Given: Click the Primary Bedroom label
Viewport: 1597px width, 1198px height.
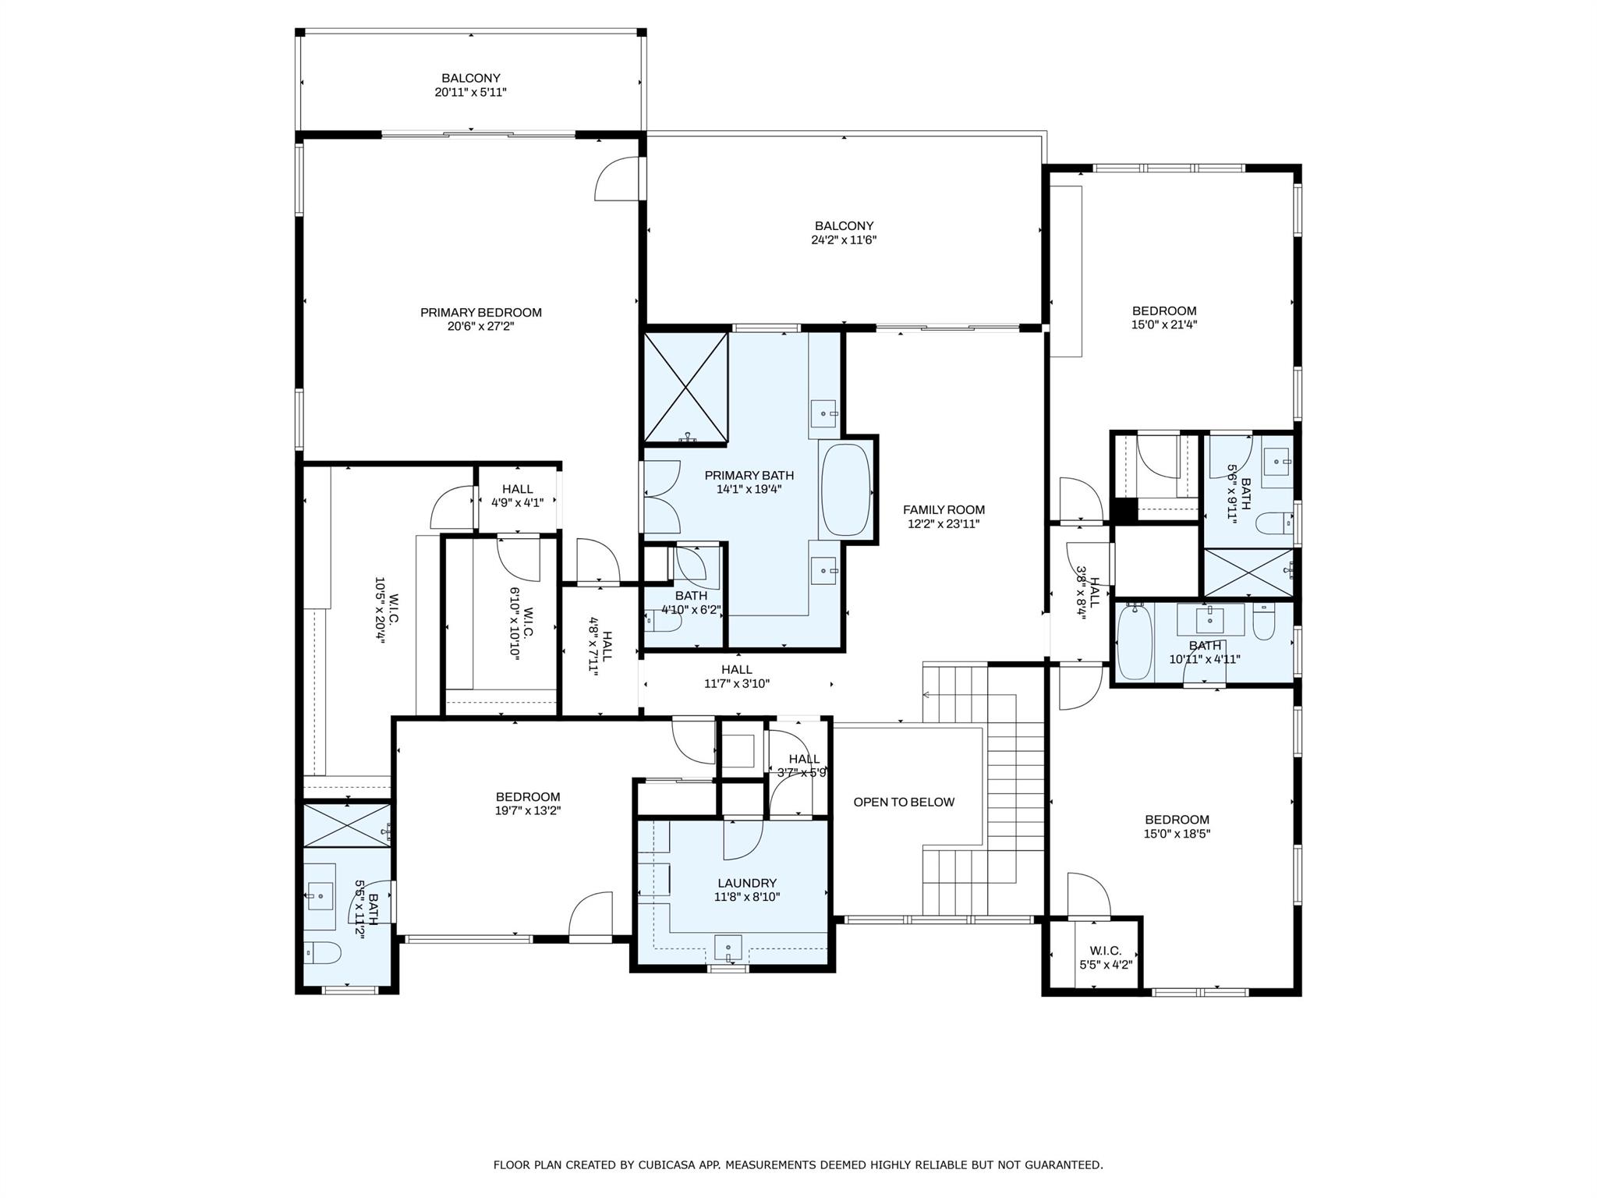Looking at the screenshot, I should (480, 313).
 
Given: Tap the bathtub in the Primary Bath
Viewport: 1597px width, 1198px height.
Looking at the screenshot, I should (845, 490).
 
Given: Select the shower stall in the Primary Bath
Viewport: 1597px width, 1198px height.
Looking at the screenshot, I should (685, 388).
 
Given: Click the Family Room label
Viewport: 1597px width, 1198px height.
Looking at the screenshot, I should (944, 510).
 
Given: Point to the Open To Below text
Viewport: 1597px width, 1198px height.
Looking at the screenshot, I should (904, 802).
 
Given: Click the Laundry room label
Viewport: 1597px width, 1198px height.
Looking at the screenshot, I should (747, 883).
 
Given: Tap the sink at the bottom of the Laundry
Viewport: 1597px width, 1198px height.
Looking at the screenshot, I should (728, 948).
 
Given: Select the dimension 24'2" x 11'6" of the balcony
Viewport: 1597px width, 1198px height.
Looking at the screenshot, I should (844, 240).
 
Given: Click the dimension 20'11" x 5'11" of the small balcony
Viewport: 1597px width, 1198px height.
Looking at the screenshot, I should (471, 92).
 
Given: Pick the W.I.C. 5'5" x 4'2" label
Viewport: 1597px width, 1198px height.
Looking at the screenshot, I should (1105, 951).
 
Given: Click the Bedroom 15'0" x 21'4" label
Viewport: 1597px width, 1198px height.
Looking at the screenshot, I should (1163, 311).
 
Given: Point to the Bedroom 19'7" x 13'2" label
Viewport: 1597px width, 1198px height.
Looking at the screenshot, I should (528, 797).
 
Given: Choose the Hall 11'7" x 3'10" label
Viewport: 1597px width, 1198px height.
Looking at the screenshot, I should (736, 669).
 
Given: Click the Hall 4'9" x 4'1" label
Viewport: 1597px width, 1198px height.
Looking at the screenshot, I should (517, 490).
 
